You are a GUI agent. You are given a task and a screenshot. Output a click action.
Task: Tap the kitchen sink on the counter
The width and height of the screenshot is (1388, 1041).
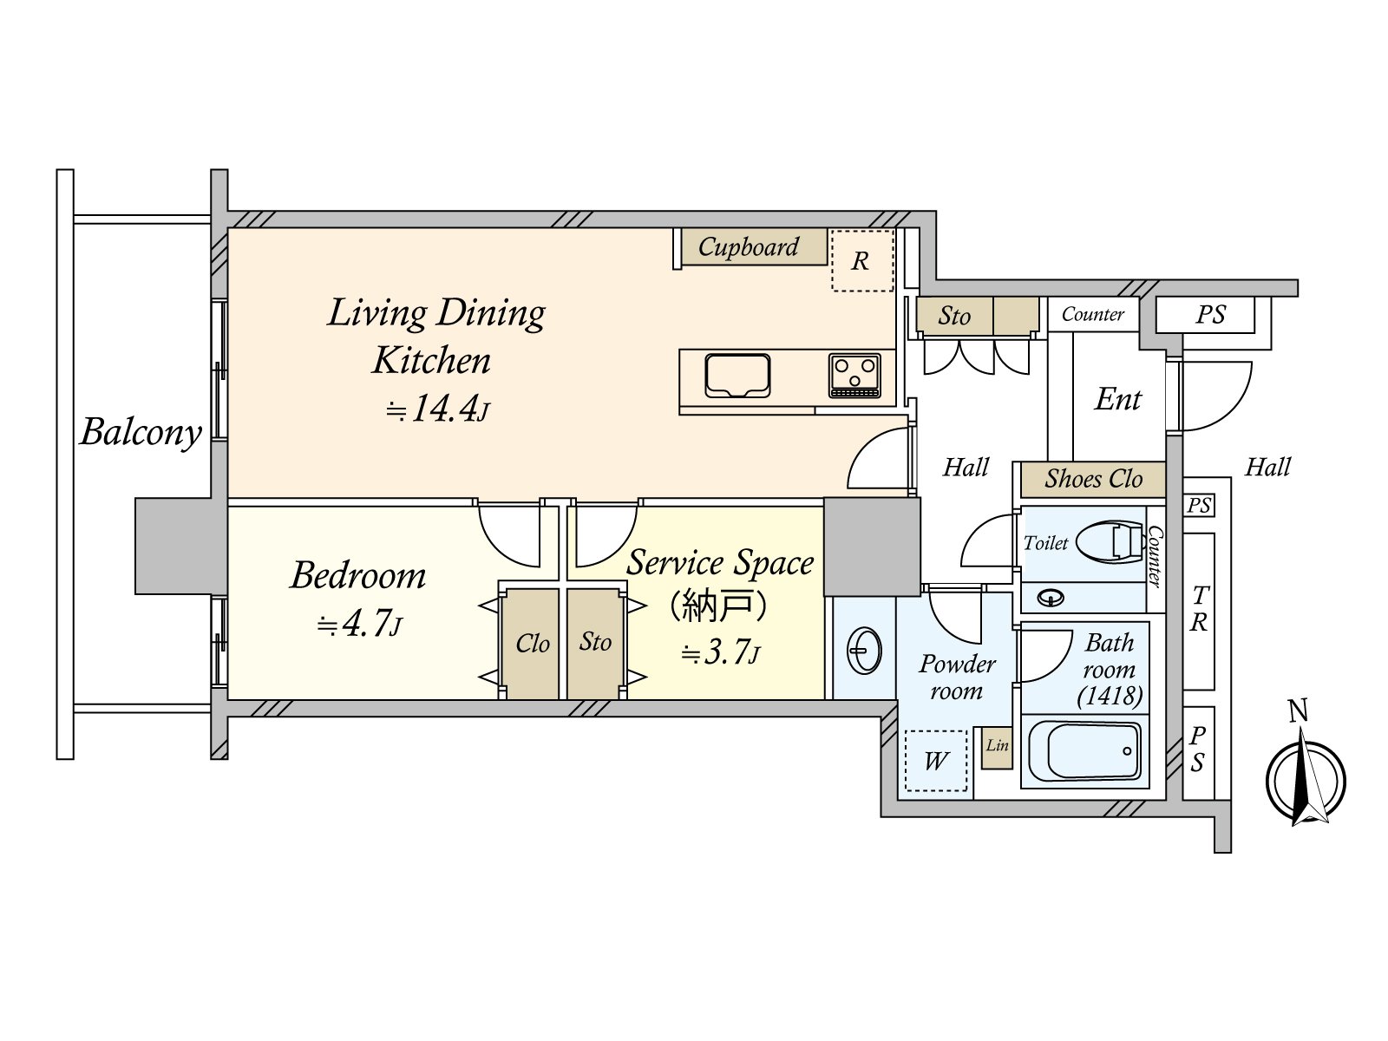pyautogui.click(x=737, y=376)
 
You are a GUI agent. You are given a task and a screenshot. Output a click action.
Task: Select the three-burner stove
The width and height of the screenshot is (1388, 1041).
pyautogui.click(x=854, y=376)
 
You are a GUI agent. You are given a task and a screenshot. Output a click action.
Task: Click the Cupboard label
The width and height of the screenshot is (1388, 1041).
pyautogui.click(x=748, y=247)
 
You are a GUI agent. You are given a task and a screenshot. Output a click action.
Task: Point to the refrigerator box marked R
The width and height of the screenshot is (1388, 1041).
pyautogui.click(x=861, y=260)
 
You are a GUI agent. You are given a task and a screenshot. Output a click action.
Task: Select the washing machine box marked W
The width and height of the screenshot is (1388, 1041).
pyautogui.click(x=935, y=761)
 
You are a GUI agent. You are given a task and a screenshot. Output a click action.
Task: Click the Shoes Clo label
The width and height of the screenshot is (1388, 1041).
pyautogui.click(x=1092, y=479)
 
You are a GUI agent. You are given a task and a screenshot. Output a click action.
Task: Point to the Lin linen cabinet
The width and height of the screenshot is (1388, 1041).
pyautogui.click(x=997, y=747)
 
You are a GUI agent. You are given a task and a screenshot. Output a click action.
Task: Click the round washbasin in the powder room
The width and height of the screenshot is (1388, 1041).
pyautogui.click(x=864, y=650)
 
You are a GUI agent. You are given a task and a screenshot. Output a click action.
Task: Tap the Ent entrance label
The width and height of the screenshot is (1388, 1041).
pyautogui.click(x=1118, y=400)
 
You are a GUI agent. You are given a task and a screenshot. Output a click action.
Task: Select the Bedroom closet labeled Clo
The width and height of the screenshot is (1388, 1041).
pyautogui.click(x=532, y=644)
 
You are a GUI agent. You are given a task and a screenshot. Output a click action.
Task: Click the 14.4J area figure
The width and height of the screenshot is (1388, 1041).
pyautogui.click(x=438, y=409)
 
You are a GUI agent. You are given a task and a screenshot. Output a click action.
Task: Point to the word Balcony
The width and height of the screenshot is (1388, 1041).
pyautogui.click(x=141, y=432)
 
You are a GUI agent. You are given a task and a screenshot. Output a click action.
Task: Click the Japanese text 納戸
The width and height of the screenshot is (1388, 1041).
pyautogui.click(x=717, y=605)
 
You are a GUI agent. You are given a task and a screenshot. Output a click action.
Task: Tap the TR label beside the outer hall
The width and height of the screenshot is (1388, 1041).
pyautogui.click(x=1199, y=609)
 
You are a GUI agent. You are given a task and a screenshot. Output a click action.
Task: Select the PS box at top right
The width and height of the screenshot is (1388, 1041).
pyautogui.click(x=1210, y=315)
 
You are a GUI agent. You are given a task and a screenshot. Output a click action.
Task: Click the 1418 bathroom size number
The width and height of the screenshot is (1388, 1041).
pyautogui.click(x=1110, y=696)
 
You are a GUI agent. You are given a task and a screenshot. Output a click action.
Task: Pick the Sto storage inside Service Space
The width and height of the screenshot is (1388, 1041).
pyautogui.click(x=595, y=642)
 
